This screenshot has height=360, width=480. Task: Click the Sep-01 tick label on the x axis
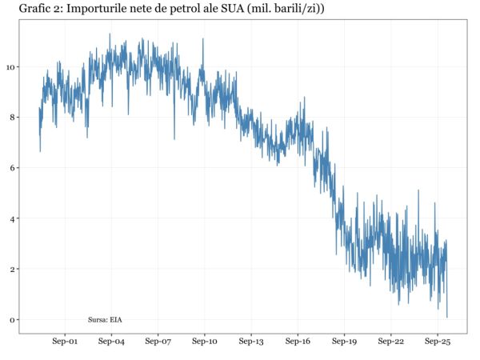[64, 342]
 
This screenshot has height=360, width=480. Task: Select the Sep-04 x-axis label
[111, 342]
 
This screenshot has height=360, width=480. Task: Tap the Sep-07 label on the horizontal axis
[158, 342]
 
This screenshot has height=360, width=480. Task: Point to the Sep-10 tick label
[205, 342]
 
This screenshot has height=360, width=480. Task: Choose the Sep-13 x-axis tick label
[251, 342]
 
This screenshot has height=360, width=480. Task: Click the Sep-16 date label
[298, 342]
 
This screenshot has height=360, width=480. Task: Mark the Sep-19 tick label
[345, 342]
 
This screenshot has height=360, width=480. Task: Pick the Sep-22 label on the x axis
[391, 342]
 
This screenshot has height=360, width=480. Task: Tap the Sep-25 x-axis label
[438, 342]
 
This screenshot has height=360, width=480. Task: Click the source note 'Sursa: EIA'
[105, 320]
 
